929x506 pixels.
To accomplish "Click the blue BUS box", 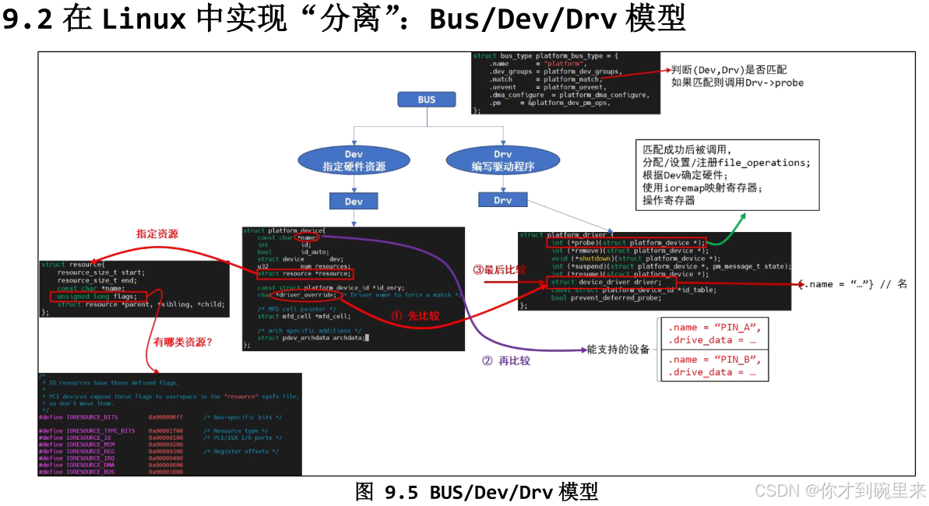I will (x=426, y=100).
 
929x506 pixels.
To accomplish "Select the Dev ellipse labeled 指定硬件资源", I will (x=354, y=161).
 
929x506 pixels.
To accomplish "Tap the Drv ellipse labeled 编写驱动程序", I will (x=502, y=161).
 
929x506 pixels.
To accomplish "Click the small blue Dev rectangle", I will (x=354, y=202).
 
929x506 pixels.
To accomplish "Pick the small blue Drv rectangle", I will (x=502, y=201).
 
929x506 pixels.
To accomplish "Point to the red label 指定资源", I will (x=157, y=234).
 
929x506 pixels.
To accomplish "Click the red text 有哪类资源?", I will (x=182, y=342).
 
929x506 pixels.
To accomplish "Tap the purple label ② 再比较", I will (x=506, y=361).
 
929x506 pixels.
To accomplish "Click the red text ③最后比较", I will (x=499, y=269).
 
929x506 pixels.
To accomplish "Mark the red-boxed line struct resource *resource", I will (x=304, y=274).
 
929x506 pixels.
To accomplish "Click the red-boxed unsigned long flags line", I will (x=97, y=296).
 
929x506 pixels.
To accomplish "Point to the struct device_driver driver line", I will (x=611, y=282).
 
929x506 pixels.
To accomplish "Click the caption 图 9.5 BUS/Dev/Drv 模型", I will (x=477, y=492).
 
